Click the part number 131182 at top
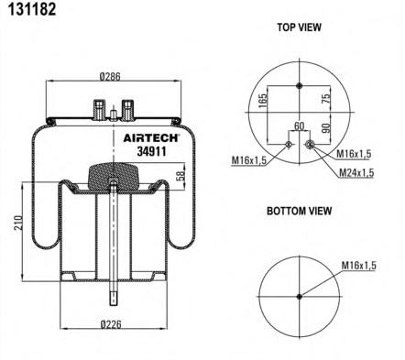point(32,9)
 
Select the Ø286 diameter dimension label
point(110,76)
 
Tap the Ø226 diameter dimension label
point(111,324)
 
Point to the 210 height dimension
point(18,223)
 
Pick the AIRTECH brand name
point(151,138)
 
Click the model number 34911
point(151,151)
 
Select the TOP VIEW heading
point(299,27)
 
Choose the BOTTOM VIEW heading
point(299,211)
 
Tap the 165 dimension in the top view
point(262,101)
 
